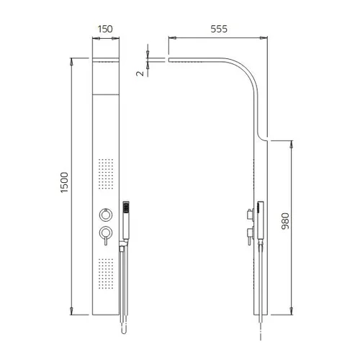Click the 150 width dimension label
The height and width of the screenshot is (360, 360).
click(105, 29)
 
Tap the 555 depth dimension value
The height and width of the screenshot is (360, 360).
click(219, 29)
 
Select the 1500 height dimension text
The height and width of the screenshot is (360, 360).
click(64, 182)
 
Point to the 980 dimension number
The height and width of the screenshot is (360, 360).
click(285, 221)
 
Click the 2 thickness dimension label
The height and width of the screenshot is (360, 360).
click(140, 73)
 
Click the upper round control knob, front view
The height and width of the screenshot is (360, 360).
click(106, 215)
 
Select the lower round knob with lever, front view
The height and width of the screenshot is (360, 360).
click(106, 235)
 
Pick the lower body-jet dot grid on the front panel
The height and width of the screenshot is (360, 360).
click(106, 274)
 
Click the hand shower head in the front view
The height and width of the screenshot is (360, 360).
click(126, 207)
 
